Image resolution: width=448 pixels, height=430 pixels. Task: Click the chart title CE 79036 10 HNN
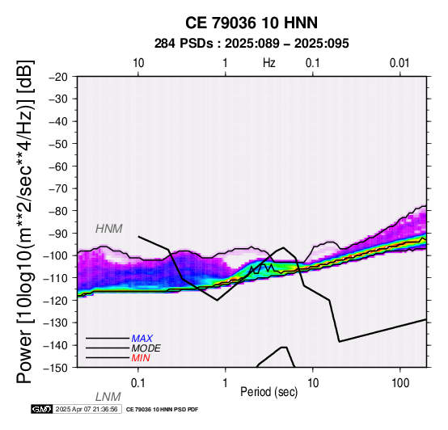point(251,23)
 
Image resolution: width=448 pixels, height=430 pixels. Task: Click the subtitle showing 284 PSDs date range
point(251,44)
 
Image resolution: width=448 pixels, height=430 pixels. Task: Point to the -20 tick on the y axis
point(58,77)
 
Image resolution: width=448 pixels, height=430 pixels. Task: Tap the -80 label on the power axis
point(58,211)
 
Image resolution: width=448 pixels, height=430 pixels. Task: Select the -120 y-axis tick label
point(56,301)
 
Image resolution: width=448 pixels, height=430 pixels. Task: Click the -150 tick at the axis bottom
point(56,368)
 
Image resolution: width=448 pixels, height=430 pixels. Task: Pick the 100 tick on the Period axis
point(400,383)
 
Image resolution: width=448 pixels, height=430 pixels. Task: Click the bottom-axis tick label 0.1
point(138,383)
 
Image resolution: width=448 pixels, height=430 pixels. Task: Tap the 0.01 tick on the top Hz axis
point(399,63)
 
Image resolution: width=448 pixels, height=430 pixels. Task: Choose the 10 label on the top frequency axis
point(138,63)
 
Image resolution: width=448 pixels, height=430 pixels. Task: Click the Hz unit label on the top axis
point(269,63)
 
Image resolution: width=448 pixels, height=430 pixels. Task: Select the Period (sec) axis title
point(269,392)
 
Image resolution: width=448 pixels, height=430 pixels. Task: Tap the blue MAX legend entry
point(142,339)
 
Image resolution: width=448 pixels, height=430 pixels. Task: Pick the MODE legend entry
point(146,348)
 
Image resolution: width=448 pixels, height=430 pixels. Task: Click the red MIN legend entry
point(141,358)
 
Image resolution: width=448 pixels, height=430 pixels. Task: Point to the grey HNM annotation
point(109,229)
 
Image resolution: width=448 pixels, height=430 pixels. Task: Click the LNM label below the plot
point(108,397)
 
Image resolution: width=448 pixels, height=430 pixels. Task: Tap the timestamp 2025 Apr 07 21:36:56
point(87,409)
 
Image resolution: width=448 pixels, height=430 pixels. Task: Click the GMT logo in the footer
point(42,409)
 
